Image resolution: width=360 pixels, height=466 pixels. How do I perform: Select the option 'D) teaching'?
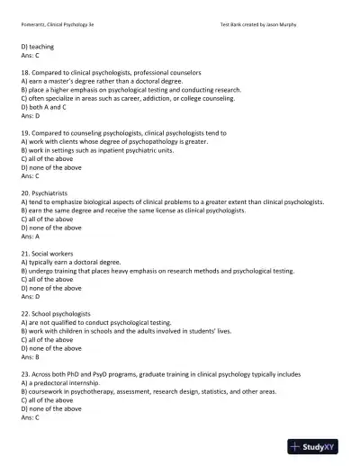pos(37,46)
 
